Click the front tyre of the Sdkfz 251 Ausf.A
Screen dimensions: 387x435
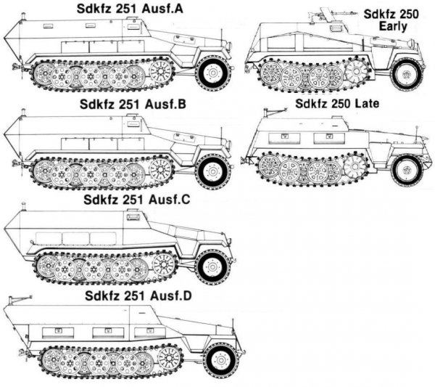point(213,72)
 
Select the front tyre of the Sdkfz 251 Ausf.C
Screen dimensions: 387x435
point(212,266)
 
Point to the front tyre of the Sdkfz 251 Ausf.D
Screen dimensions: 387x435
point(220,360)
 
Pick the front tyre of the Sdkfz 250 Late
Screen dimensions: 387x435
point(406,169)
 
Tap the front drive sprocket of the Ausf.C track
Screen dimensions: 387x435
point(162,265)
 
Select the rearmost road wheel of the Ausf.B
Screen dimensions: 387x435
point(43,172)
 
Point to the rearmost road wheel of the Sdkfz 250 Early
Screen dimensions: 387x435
point(272,75)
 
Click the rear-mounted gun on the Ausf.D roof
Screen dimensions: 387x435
point(20,298)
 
